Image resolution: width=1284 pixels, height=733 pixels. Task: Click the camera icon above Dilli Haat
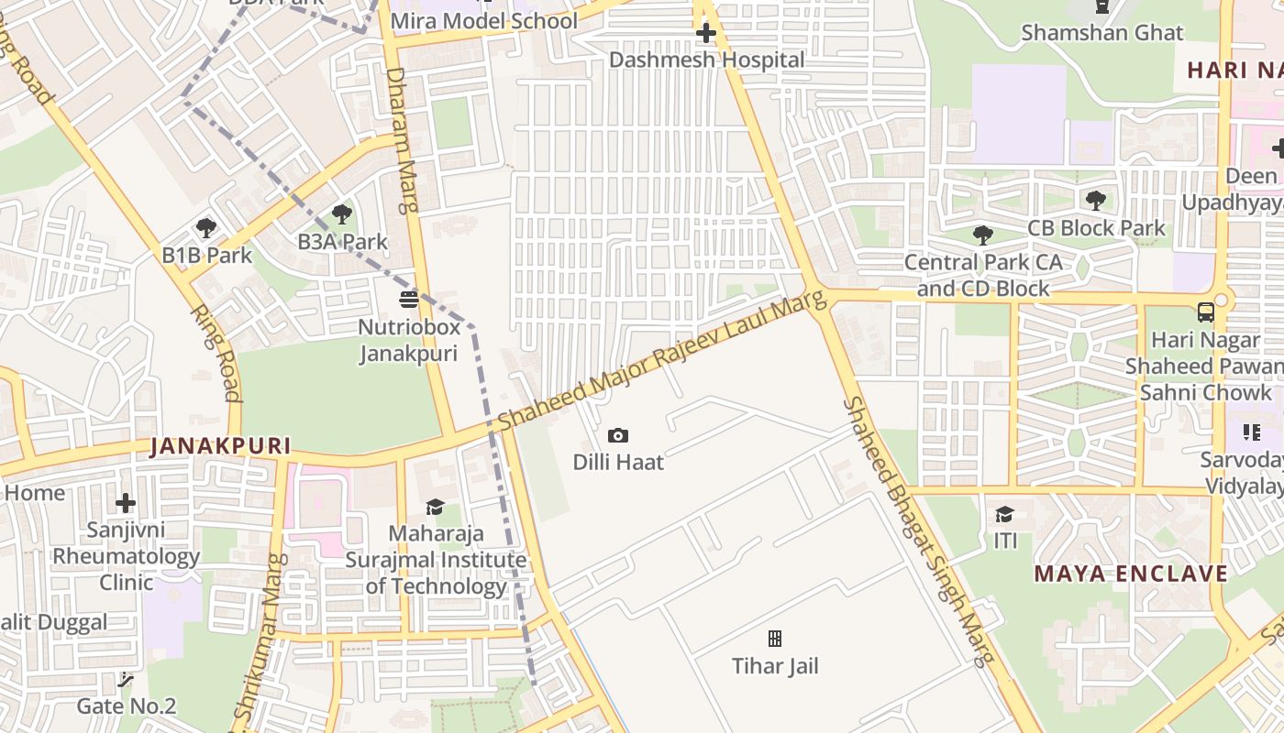click(x=618, y=436)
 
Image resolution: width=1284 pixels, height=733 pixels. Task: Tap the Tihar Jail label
click(x=775, y=666)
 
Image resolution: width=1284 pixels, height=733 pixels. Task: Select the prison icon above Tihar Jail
click(x=775, y=639)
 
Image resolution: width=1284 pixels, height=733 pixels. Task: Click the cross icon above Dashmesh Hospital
click(x=705, y=34)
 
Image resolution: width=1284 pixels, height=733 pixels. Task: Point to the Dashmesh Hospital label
click(x=706, y=60)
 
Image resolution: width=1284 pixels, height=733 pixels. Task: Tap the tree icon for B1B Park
click(x=206, y=228)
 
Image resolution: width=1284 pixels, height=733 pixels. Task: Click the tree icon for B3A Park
click(x=342, y=215)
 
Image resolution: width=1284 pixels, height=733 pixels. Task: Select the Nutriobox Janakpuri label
click(x=407, y=340)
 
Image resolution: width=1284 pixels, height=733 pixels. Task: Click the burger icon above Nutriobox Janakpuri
click(x=409, y=300)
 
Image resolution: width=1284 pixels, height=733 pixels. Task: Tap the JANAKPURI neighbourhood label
click(x=220, y=447)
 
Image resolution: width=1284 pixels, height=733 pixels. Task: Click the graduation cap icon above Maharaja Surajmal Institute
click(x=435, y=508)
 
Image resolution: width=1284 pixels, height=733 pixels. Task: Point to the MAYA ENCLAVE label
click(x=1131, y=574)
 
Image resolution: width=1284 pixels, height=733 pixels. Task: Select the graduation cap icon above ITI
click(x=1005, y=514)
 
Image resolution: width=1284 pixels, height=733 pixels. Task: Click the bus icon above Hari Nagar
click(x=1205, y=312)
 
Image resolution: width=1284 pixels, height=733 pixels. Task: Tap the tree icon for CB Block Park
click(x=1095, y=201)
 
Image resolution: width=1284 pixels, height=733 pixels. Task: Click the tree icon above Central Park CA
click(x=983, y=235)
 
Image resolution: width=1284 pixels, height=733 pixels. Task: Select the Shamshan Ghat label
click(x=1102, y=33)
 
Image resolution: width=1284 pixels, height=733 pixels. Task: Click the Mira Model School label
click(x=483, y=21)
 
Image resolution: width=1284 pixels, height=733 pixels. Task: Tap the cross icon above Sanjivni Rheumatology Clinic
click(x=126, y=503)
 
